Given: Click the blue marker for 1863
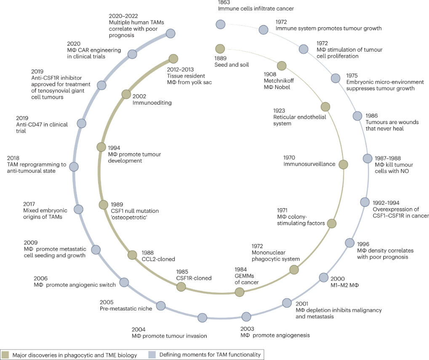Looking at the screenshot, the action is click(221, 24).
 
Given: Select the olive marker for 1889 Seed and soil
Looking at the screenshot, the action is click(220, 49).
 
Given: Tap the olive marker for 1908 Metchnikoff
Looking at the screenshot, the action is click(282, 66).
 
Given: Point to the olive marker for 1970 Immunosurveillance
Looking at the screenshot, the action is click(344, 164).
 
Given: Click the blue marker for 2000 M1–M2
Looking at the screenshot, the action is click(324, 278).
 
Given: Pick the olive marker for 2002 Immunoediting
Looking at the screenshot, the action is click(126, 94).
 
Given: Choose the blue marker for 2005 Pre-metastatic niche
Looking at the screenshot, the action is click(161, 306).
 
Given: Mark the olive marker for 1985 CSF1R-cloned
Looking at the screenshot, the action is click(181, 287).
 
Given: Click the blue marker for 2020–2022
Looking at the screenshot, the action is click(171, 34).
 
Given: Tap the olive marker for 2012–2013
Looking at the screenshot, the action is click(173, 59).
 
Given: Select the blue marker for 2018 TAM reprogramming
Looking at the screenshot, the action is click(74, 167).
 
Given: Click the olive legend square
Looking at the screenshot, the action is click(5, 355).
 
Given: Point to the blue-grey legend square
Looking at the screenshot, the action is click(152, 355).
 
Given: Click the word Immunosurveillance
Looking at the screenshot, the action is click(309, 164).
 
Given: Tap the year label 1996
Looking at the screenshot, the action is click(363, 244).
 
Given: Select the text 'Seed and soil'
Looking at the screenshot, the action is click(232, 65).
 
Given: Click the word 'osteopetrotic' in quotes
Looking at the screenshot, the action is click(129, 217).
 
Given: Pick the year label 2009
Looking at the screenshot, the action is click(31, 243).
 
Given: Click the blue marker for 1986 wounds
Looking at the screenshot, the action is click(357, 116).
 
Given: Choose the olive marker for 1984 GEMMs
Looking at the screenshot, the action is click(240, 292).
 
